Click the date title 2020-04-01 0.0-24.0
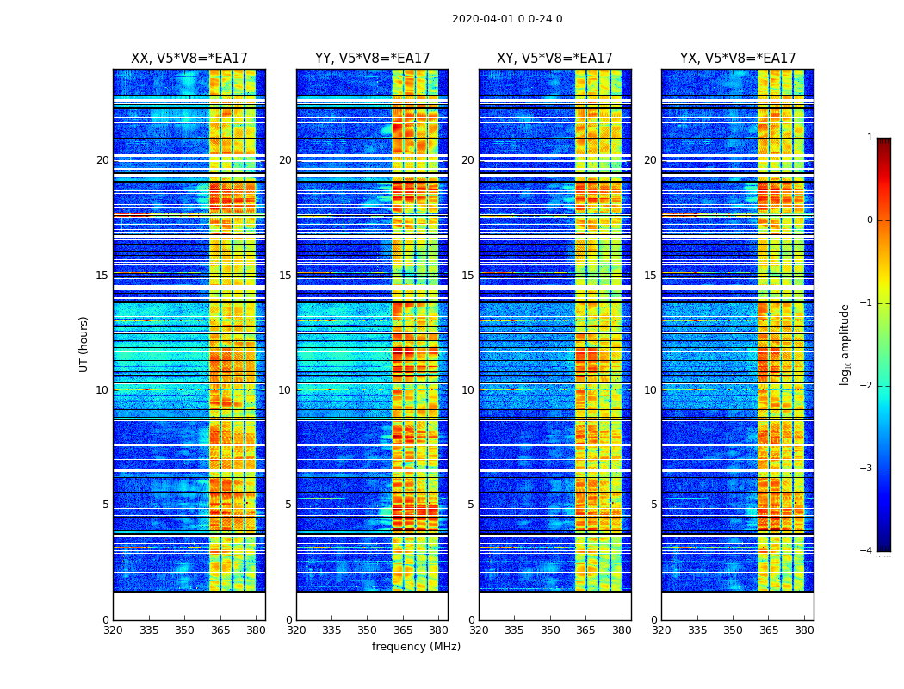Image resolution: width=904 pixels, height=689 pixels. click(507, 19)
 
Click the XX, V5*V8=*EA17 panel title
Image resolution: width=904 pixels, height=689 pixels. click(189, 59)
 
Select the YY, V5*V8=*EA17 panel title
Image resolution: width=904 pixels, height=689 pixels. click(372, 59)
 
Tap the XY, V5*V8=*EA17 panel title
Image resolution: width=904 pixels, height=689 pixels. click(554, 59)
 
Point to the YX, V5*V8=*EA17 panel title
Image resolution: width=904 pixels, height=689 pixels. click(738, 59)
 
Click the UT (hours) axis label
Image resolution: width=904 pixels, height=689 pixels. click(84, 344)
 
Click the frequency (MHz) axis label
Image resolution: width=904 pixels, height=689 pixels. click(416, 647)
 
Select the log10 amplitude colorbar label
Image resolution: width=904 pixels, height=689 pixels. click(845, 344)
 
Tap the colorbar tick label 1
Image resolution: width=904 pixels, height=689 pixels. click(870, 138)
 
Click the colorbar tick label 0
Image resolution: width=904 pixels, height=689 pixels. click(870, 220)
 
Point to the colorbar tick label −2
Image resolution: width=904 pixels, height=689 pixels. click(867, 386)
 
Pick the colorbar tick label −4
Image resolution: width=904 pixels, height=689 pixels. click(867, 551)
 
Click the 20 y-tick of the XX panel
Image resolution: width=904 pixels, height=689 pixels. click(102, 160)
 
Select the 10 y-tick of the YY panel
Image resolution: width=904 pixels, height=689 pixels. click(285, 390)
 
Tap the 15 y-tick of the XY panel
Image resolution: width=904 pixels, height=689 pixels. click(467, 276)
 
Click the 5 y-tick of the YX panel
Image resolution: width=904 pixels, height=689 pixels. click(653, 505)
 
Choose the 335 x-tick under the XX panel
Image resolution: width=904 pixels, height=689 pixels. click(149, 630)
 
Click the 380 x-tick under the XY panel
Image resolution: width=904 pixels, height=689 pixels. click(622, 630)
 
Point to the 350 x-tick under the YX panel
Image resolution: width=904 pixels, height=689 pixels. click(733, 630)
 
